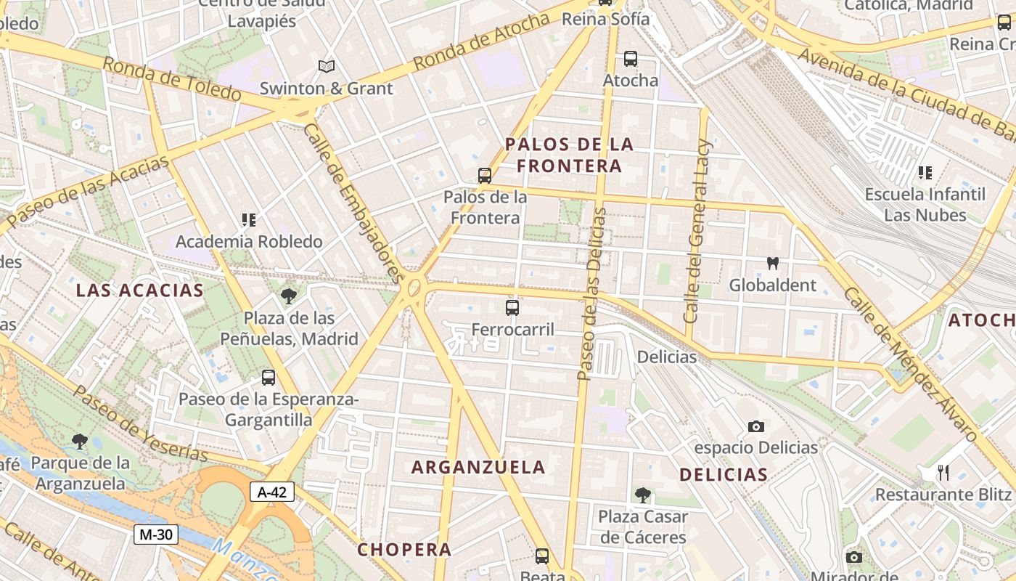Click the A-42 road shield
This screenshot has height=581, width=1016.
tap(272, 492)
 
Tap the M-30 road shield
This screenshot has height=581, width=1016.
tap(155, 535)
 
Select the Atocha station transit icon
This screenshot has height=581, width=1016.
tap(630, 58)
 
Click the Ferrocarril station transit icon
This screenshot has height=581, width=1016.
tap(512, 308)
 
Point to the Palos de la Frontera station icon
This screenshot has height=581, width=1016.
tap(484, 175)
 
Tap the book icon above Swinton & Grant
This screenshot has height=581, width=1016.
tap(327, 67)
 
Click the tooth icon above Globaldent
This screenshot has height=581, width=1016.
tap(772, 263)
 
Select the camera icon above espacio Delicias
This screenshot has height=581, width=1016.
tap(755, 426)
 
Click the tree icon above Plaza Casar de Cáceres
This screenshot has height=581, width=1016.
tap(642, 495)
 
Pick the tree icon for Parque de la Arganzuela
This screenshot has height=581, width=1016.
tap(80, 441)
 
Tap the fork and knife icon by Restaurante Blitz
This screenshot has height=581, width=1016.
tap(943, 473)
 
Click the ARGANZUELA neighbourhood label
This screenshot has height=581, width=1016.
tap(478, 467)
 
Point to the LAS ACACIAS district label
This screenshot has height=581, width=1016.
tap(140, 290)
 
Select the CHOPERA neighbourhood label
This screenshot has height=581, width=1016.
tap(404, 549)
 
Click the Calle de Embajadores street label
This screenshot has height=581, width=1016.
tap(353, 203)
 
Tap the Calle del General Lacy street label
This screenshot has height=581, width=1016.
tap(699, 231)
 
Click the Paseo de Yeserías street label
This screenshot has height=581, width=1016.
tap(141, 423)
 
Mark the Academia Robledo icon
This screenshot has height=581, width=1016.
tap(249, 219)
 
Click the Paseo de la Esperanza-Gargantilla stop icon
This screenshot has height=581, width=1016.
tap(268, 378)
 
